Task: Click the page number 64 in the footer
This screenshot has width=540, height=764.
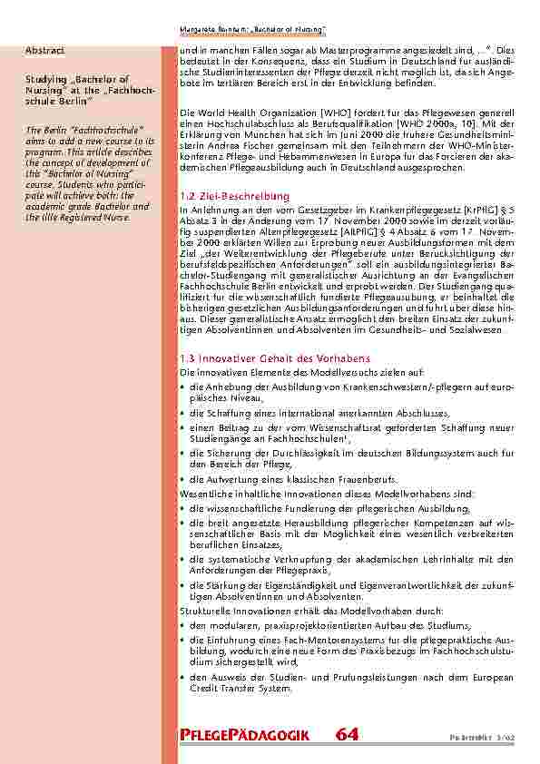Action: click(x=346, y=735)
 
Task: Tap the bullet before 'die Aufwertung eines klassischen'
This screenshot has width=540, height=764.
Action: click(x=182, y=479)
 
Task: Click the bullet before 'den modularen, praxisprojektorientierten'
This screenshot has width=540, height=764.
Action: click(x=182, y=626)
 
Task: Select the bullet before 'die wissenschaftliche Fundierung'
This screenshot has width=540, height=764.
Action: click(x=182, y=509)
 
